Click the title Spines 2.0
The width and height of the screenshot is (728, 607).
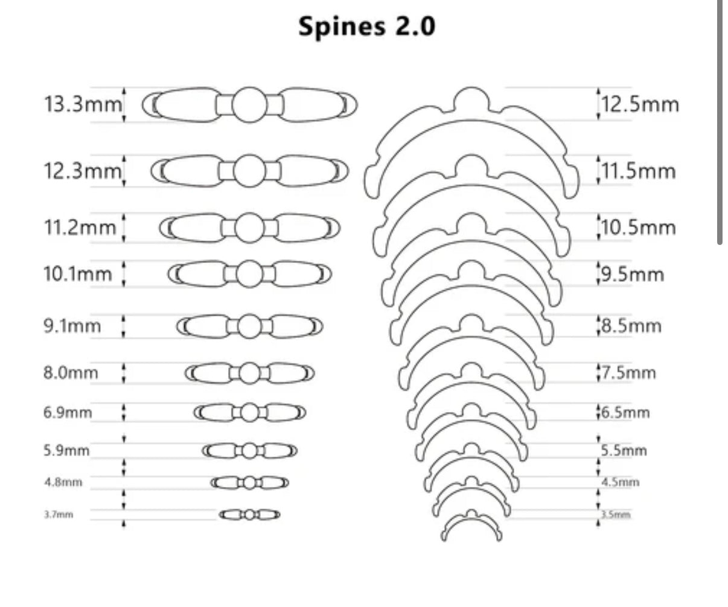(366, 27)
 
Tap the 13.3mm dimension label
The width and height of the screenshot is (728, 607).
(83, 104)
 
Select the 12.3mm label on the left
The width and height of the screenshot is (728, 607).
(83, 171)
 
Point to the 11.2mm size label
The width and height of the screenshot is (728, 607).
(80, 228)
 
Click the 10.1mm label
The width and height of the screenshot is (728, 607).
(78, 274)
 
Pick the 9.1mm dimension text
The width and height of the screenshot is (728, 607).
(72, 326)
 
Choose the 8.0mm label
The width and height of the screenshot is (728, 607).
(70, 372)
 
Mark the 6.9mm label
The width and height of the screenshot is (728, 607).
(68, 413)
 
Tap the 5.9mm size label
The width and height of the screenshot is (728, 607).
(66, 450)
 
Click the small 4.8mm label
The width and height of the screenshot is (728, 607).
(63, 483)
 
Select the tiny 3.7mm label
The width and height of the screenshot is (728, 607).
(58, 515)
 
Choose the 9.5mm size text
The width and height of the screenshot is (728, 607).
(633, 275)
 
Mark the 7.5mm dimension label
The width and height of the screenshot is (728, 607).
(628, 372)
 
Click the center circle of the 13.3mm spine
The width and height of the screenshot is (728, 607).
(249, 105)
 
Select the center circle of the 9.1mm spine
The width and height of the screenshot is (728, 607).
(249, 326)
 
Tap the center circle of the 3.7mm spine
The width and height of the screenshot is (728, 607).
(249, 515)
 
